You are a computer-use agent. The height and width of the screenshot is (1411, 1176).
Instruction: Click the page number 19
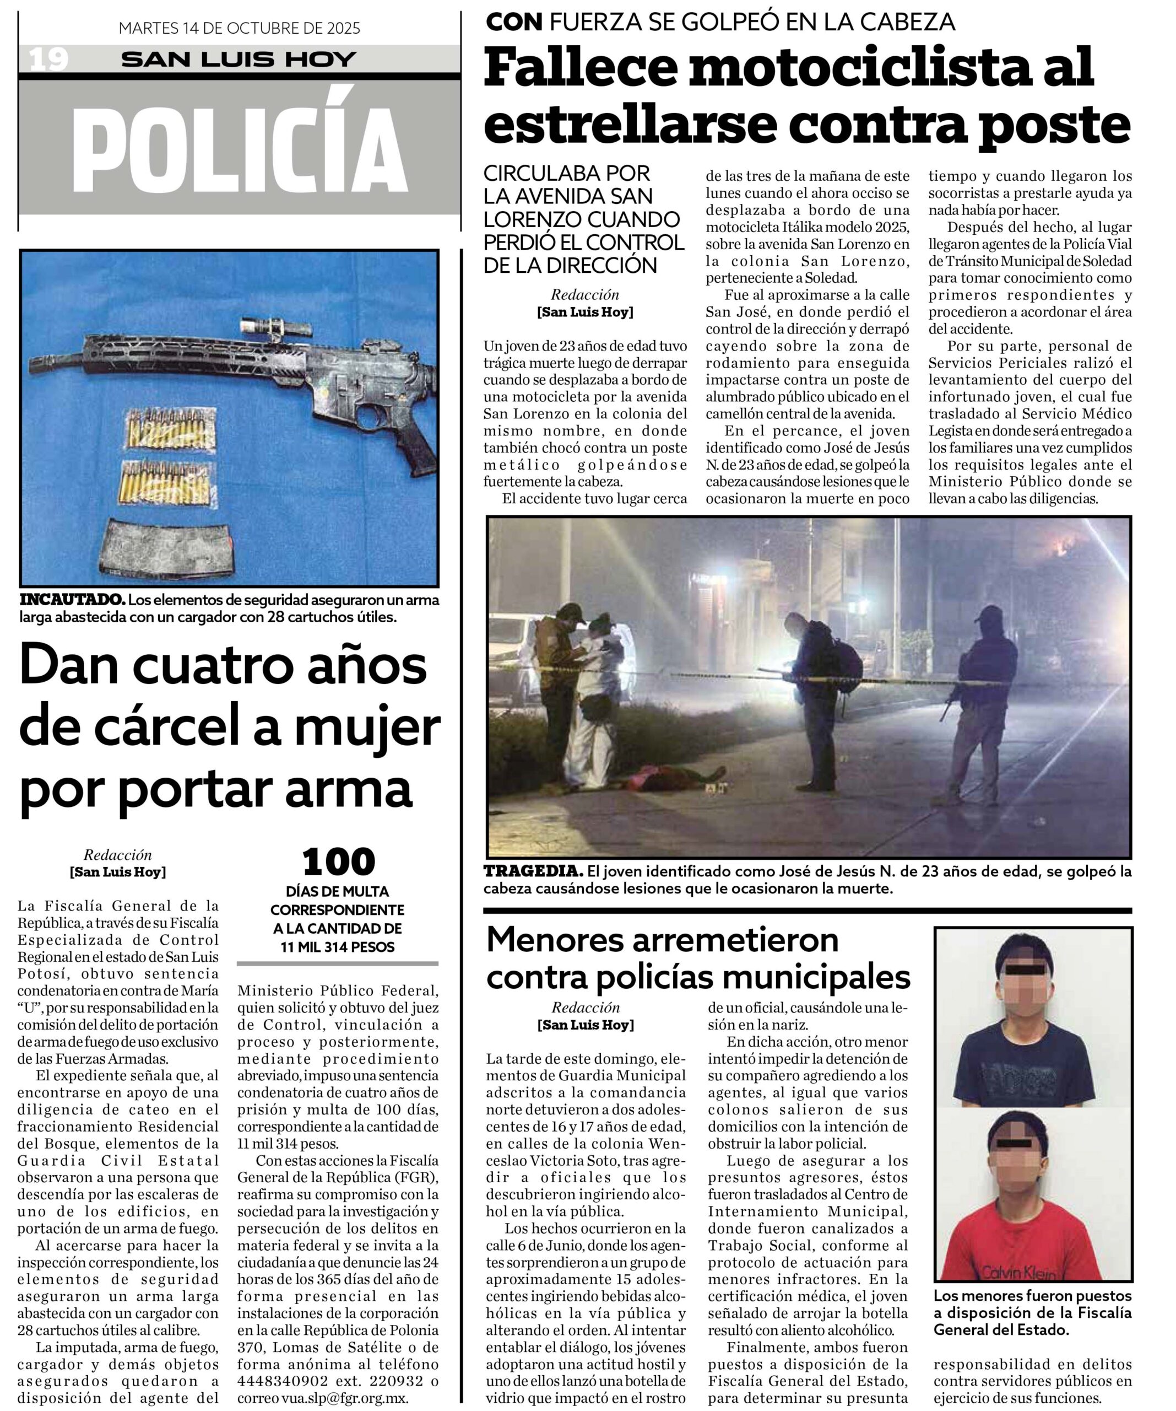[x=48, y=60]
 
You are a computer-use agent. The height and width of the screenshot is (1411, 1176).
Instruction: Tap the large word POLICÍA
[x=240, y=150]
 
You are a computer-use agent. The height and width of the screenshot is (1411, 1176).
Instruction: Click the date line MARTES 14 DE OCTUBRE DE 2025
[x=239, y=28]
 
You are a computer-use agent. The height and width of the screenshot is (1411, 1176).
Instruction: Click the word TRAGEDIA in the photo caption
[x=533, y=871]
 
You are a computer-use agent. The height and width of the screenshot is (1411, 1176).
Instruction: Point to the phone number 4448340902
[x=283, y=1381]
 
